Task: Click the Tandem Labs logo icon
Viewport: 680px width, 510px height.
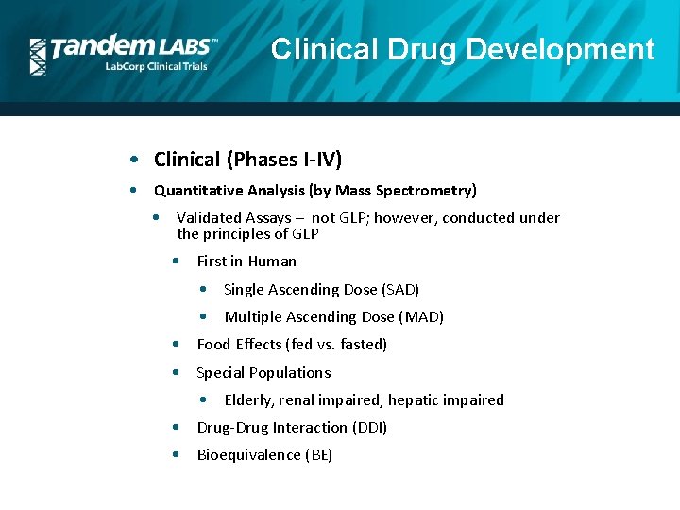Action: pyautogui.click(x=38, y=57)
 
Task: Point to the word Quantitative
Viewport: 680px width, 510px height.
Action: pyautogui.click(x=197, y=191)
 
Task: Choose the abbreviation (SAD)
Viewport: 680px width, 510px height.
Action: pyautogui.click(x=401, y=290)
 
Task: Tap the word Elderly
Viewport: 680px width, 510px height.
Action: pyautogui.click(x=251, y=400)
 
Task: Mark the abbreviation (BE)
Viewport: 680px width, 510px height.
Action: pyautogui.click(x=318, y=455)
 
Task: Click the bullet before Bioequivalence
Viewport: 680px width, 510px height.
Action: pyautogui.click(x=178, y=454)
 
